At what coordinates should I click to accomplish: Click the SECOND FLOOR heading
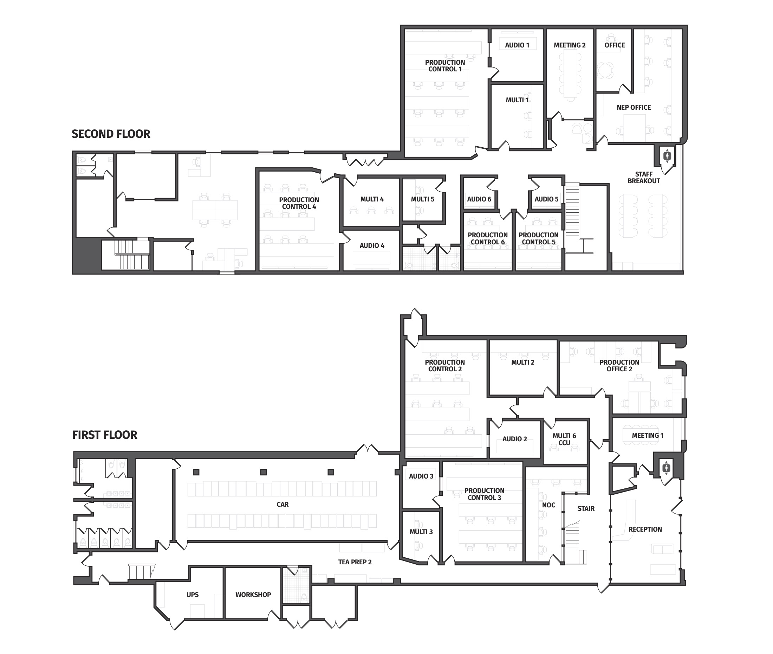click(111, 134)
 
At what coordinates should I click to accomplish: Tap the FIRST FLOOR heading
click(105, 435)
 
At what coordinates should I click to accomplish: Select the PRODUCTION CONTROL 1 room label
click(445, 66)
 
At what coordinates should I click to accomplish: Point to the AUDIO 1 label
click(517, 45)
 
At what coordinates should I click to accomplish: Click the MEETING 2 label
click(570, 45)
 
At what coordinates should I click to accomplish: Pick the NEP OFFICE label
click(634, 108)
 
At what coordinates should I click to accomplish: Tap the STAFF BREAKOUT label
click(644, 178)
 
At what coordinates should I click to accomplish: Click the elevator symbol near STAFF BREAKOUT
click(667, 156)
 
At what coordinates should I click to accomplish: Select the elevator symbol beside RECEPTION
click(667, 468)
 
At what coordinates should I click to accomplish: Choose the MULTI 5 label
click(423, 199)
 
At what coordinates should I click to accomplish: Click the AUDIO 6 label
click(479, 199)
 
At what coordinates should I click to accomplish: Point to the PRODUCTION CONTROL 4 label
click(299, 203)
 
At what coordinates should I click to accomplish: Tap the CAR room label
click(282, 505)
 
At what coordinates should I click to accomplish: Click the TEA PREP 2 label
click(355, 562)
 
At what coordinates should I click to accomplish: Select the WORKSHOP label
click(253, 595)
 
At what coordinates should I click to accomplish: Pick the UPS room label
click(193, 595)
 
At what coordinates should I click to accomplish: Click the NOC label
click(548, 505)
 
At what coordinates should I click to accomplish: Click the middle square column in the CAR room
click(263, 472)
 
